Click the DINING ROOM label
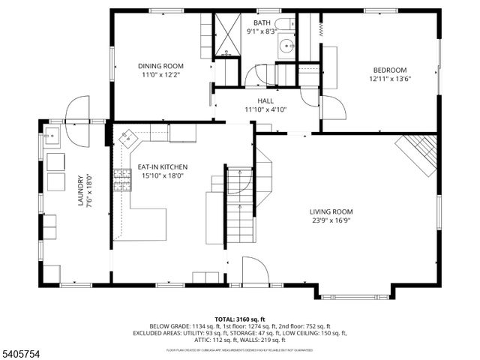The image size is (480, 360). [161, 66]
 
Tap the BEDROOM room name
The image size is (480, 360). [390, 70]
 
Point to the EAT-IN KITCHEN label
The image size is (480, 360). [163, 166]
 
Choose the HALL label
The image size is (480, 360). [266, 100]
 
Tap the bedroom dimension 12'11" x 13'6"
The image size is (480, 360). [390, 78]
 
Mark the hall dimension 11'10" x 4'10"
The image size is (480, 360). [266, 109]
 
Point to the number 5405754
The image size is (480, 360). [22, 350]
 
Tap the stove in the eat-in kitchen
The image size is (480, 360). [121, 179]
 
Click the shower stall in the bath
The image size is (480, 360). [227, 33]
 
